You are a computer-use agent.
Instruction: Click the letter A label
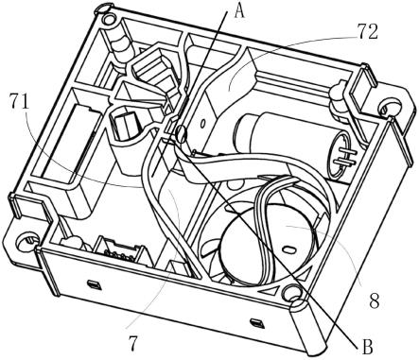click(239, 12)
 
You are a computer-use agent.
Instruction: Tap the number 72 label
click(367, 32)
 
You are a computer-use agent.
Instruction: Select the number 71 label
click(19, 101)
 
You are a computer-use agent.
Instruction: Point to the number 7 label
click(133, 343)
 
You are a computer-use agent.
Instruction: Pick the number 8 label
click(374, 300)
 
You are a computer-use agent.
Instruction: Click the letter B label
click(368, 347)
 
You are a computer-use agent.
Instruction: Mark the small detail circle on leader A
click(182, 133)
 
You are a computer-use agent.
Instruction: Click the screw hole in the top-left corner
click(110, 19)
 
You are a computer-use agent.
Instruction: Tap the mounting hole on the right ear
click(388, 108)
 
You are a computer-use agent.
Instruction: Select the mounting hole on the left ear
click(26, 242)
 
